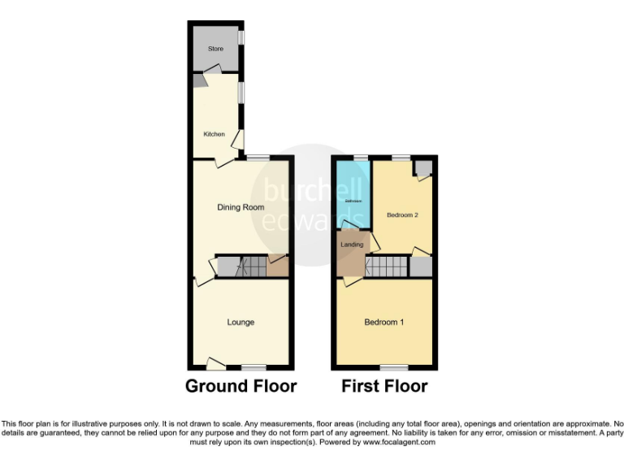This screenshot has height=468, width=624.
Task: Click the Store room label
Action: (x=215, y=49)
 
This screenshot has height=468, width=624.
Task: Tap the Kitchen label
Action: (x=214, y=134)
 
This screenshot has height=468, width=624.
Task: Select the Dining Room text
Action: (x=240, y=207)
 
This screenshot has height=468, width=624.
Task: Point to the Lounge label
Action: (x=240, y=323)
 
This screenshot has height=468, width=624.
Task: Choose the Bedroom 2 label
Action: (x=402, y=215)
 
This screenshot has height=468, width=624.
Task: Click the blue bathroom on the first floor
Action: (x=353, y=195)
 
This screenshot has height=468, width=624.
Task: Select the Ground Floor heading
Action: (x=240, y=386)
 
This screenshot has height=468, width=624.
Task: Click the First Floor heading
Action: (x=385, y=386)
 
